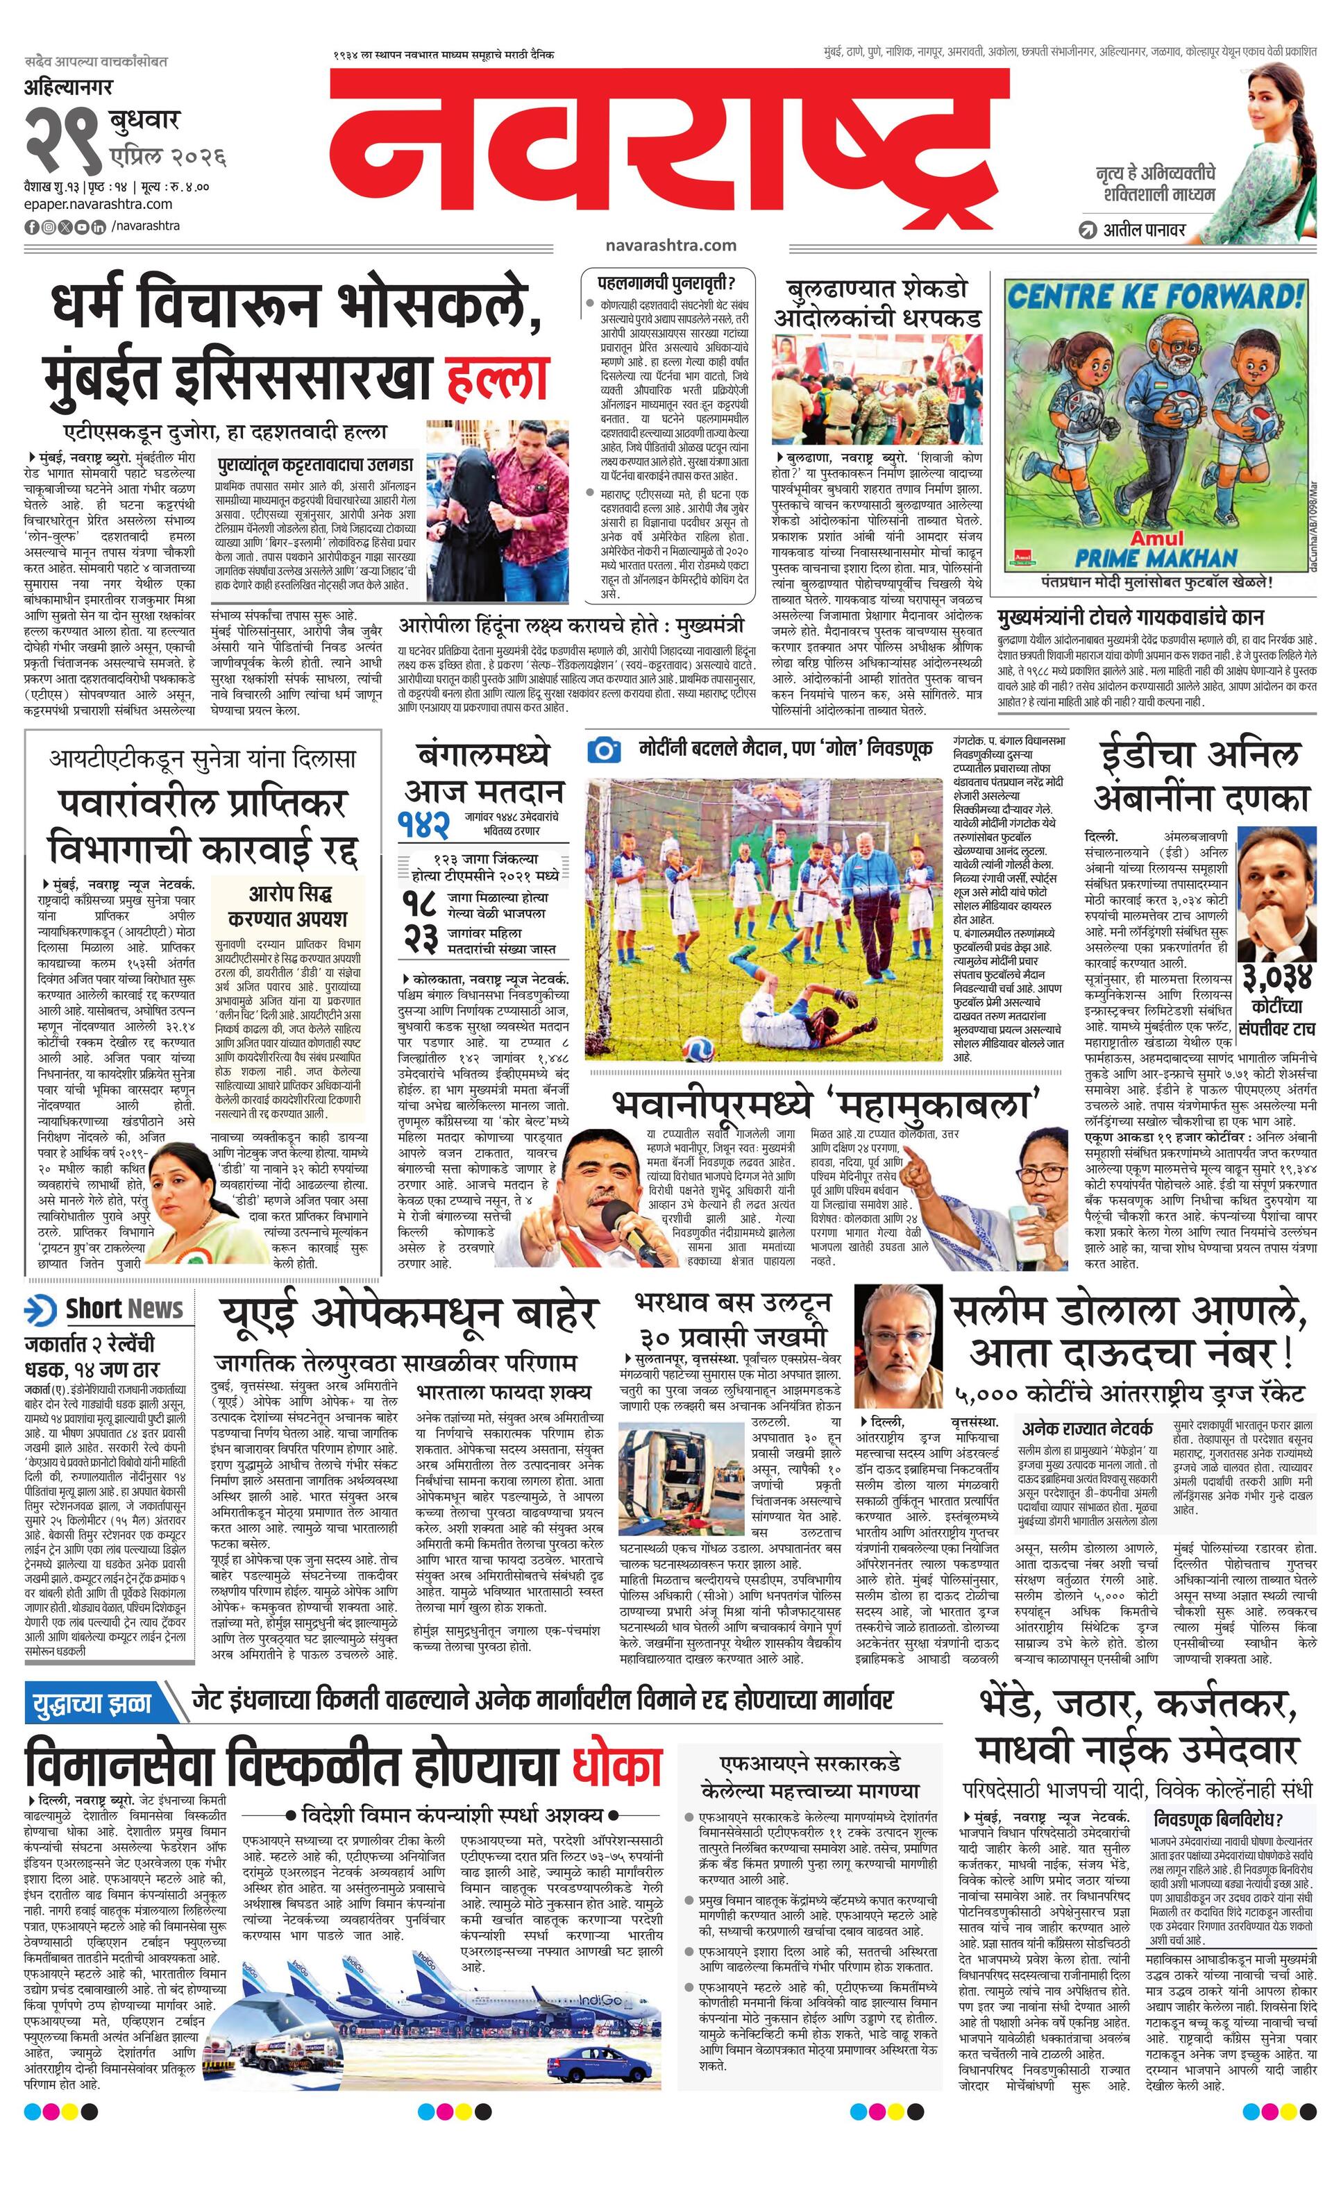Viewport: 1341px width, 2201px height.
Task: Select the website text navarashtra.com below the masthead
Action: pyautogui.click(x=670, y=245)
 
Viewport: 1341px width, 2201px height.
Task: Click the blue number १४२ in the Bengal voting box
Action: pyautogui.click(x=424, y=826)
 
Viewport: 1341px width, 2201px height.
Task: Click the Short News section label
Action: pyautogui.click(x=124, y=1309)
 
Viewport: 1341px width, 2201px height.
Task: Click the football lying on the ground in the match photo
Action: pyautogui.click(x=698, y=1047)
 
